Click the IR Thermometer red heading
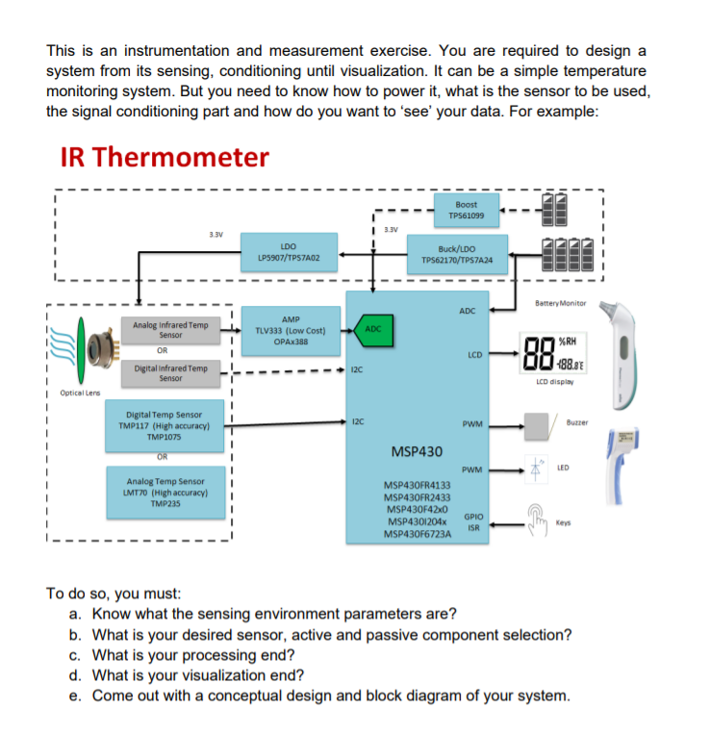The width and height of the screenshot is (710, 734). [x=164, y=157]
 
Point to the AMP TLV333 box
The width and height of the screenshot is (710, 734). [x=290, y=330]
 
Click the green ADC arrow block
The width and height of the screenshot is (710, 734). [x=372, y=329]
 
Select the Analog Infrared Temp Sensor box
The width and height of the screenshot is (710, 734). [x=169, y=330]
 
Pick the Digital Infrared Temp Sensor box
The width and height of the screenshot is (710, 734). [x=169, y=372]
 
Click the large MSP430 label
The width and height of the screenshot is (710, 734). [x=418, y=451]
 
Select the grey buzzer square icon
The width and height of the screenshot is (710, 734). [x=537, y=423]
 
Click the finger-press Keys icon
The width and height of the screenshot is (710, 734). [x=535, y=519]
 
